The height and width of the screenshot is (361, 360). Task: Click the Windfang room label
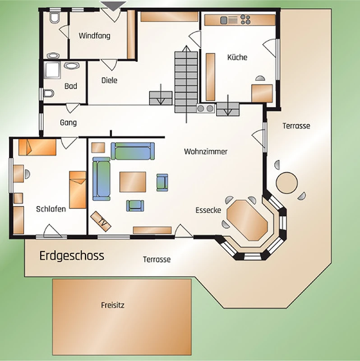[x=94, y=36]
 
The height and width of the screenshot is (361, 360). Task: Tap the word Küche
[x=237, y=57]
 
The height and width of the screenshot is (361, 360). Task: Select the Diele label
[x=109, y=80]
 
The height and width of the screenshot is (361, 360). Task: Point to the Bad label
[x=71, y=86]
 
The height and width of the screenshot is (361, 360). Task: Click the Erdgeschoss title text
[x=72, y=256]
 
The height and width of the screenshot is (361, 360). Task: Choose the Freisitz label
[x=113, y=305]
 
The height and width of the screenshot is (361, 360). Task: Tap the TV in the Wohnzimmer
[x=101, y=221]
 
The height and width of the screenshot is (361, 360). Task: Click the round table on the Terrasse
[x=286, y=183]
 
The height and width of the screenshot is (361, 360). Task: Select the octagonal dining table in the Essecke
[x=247, y=220]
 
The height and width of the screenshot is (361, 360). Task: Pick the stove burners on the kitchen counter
[x=245, y=19]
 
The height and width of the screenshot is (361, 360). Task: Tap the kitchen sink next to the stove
[x=224, y=20]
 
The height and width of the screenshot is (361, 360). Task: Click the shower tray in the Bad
[x=53, y=70]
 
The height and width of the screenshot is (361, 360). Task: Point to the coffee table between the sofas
[x=133, y=182]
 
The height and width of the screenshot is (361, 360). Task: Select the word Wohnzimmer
[x=206, y=152]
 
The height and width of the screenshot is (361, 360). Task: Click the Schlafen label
[x=51, y=209]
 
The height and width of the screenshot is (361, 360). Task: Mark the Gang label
[x=69, y=123]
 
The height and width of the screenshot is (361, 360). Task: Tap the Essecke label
[x=208, y=210]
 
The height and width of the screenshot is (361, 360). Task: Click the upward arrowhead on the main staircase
[x=186, y=48]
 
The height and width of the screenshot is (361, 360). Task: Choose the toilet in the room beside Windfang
[x=55, y=18]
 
